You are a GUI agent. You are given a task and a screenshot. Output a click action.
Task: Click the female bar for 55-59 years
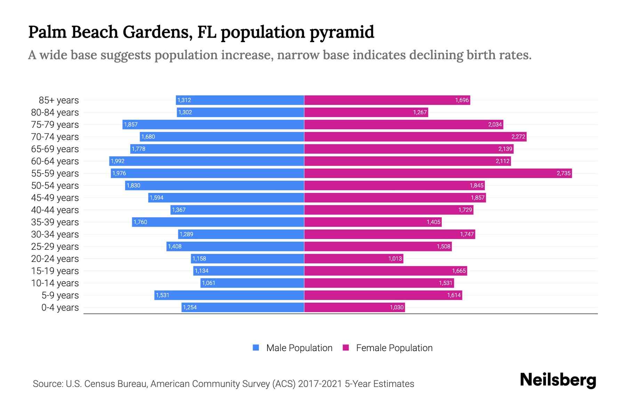[438, 173]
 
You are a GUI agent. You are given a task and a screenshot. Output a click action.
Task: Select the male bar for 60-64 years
[207, 161]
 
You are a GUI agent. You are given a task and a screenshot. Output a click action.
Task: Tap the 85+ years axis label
[59, 100]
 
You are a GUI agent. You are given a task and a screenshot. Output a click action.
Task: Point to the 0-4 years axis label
[60, 308]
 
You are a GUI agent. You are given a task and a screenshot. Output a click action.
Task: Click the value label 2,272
[518, 137]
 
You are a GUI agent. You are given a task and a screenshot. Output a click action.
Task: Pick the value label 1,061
[208, 283]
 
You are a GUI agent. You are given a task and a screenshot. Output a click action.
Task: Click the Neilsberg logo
[558, 380]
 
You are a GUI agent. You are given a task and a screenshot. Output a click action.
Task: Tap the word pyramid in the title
[342, 32]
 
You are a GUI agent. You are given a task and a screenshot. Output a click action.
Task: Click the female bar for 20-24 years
[354, 258]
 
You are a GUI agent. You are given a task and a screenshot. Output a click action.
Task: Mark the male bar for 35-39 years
[218, 222]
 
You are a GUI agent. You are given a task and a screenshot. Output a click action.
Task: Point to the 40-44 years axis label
[55, 210]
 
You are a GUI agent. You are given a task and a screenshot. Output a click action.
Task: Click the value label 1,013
[395, 258]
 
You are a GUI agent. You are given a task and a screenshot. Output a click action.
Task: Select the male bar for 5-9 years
[229, 295]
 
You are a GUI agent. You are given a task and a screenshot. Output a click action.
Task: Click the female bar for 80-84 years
[366, 112]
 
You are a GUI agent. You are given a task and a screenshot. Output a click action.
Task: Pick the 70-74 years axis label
[55, 137]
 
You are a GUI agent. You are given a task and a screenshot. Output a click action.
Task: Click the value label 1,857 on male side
[131, 124]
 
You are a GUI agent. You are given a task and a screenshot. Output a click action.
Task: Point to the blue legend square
[256, 348]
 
